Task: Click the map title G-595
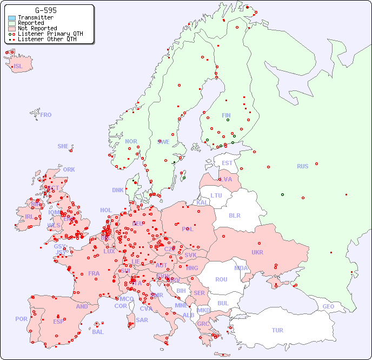[45, 10]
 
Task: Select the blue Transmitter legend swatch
[12, 18]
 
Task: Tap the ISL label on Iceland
[18, 67]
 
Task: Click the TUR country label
[277, 330]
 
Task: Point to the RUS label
[302, 166]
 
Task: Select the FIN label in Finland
[226, 115]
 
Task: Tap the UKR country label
[257, 252]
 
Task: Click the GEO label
[328, 306]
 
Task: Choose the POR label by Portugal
[21, 319]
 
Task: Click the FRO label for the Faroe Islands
[46, 115]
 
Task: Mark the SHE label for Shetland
[63, 146]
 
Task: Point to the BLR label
[234, 215]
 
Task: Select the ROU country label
[221, 279]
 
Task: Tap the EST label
[227, 163]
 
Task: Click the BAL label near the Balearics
[97, 332]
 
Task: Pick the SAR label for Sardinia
[142, 320]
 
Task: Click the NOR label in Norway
[131, 141]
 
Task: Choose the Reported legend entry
[31, 23]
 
